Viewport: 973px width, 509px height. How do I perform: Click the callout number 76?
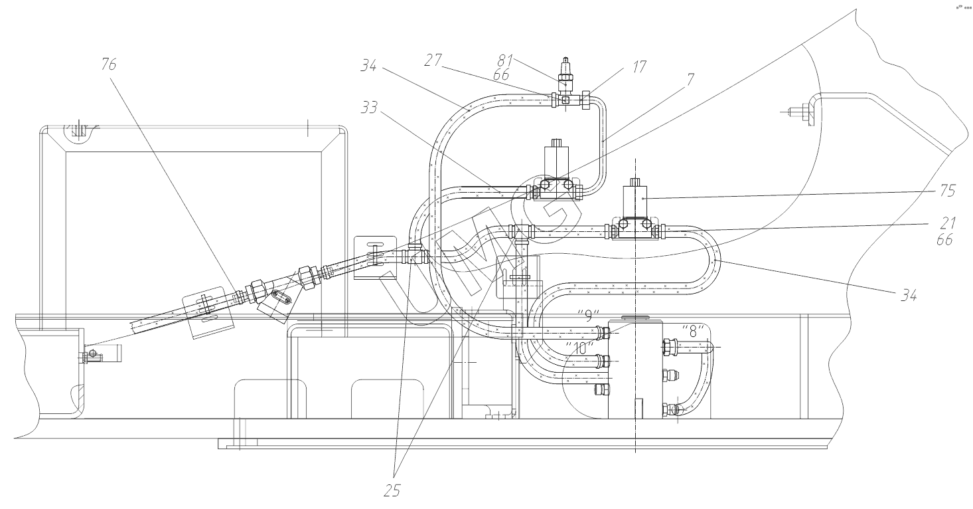(x=108, y=64)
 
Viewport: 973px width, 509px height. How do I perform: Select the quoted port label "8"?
(x=691, y=331)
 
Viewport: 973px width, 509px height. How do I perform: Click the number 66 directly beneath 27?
(x=501, y=76)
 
